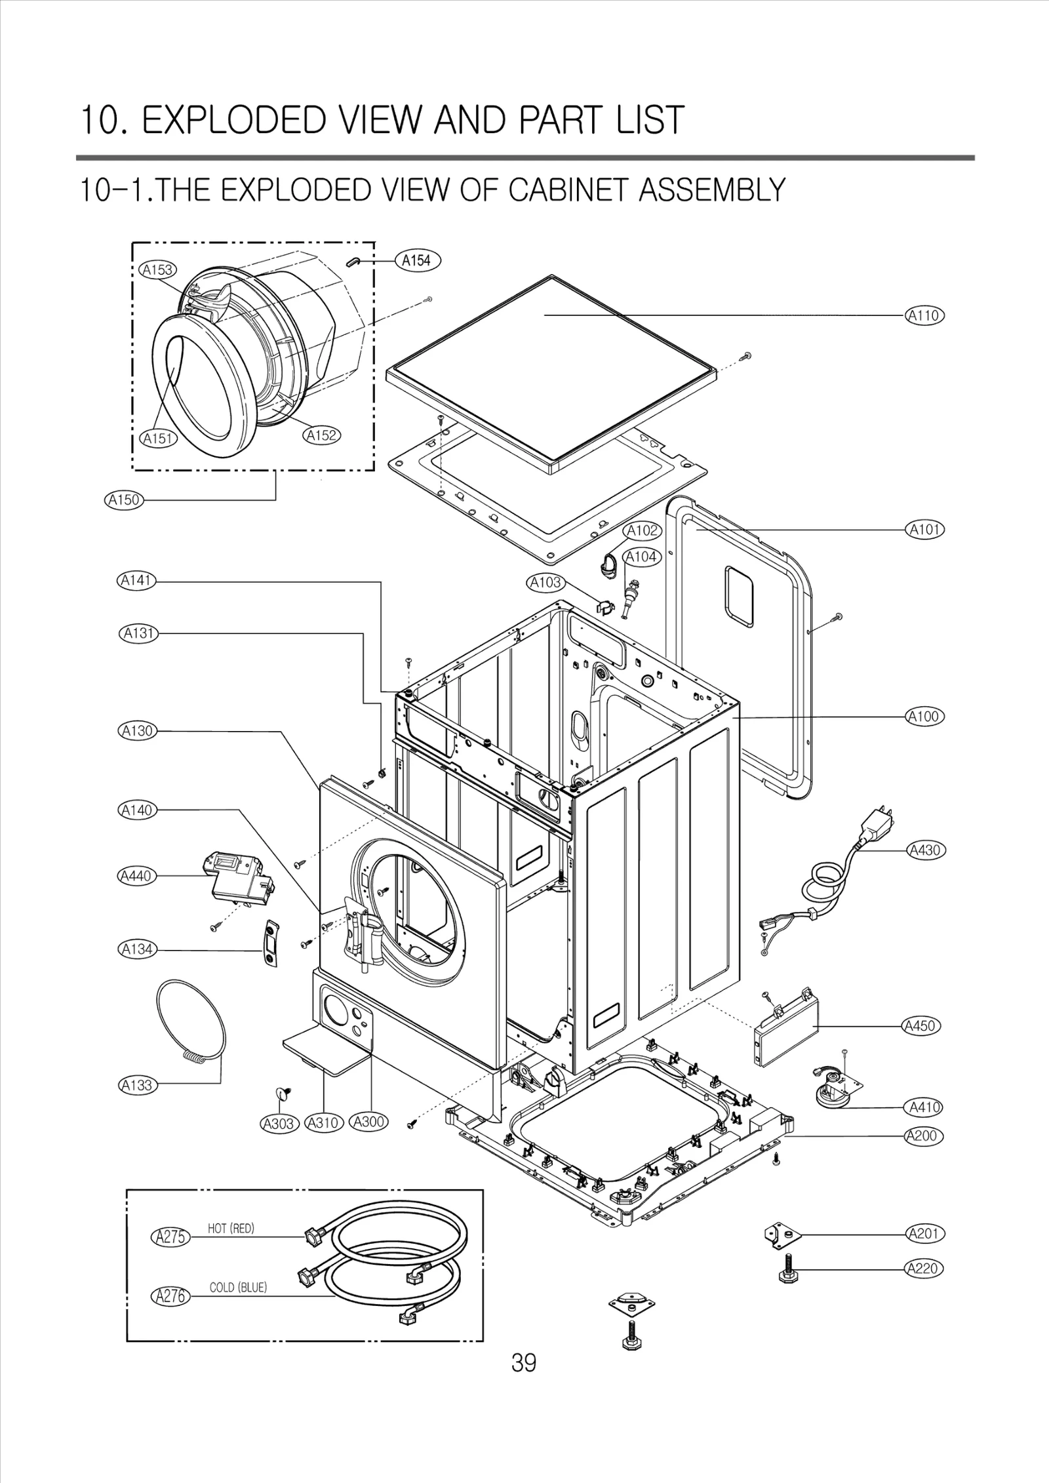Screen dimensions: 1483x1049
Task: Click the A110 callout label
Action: [924, 315]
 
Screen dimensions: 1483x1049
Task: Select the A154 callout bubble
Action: [417, 260]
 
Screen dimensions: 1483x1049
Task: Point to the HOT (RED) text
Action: [231, 1229]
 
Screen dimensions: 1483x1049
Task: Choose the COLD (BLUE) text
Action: [238, 1288]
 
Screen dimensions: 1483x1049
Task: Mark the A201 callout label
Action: [924, 1234]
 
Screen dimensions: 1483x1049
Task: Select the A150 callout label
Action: [124, 500]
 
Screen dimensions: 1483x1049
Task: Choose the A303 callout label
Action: [278, 1123]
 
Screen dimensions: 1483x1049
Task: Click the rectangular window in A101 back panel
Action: [740, 595]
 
